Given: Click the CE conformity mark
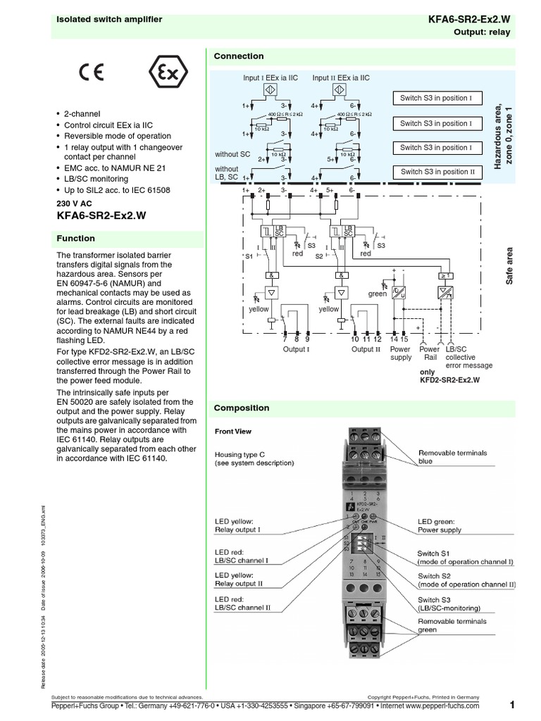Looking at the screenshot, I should (x=92, y=73).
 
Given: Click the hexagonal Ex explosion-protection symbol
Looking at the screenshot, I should (x=163, y=73).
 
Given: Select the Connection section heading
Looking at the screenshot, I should (x=239, y=56).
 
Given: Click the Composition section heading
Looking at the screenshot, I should (x=242, y=408).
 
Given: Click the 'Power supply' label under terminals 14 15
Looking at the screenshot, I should (x=400, y=353).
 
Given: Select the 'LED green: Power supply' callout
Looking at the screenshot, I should (x=440, y=525).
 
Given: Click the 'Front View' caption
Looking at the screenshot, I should (x=233, y=431).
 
